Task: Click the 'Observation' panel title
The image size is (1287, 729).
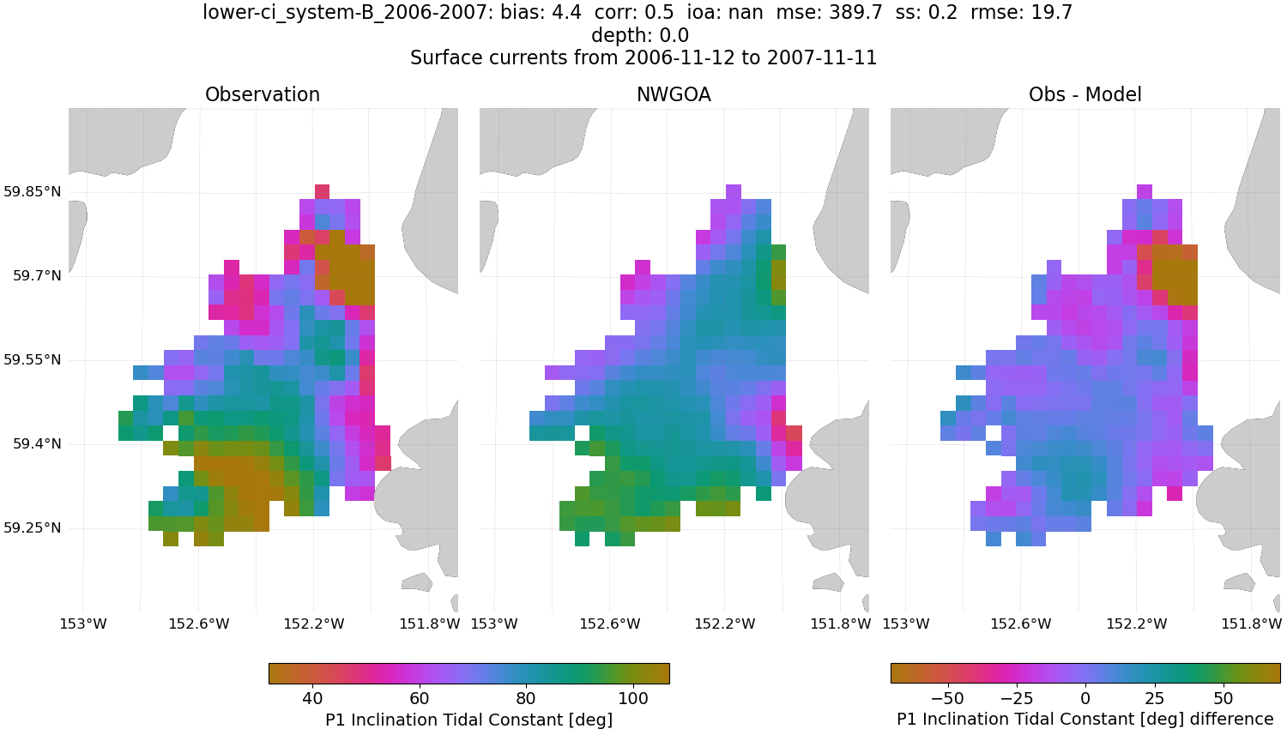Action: click(x=263, y=94)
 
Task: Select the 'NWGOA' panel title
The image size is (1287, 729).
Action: click(x=674, y=94)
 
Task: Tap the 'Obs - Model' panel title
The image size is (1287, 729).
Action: click(x=1085, y=94)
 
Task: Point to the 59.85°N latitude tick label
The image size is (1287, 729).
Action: click(x=33, y=191)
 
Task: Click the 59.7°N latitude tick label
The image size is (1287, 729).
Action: click(x=37, y=275)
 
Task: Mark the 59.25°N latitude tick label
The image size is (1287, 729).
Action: click(x=33, y=527)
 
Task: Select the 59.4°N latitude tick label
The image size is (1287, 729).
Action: click(x=37, y=443)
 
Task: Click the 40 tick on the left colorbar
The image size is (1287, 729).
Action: click(x=312, y=698)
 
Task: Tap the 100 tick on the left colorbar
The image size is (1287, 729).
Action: click(x=633, y=698)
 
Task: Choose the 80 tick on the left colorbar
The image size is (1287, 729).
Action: click(x=526, y=698)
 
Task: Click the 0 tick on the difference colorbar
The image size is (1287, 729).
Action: click(x=1085, y=698)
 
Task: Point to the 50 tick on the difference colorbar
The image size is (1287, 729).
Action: click(x=1224, y=698)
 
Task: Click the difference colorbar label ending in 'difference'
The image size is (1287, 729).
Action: click(x=1085, y=719)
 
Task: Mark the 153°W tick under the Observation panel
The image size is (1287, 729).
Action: click(x=83, y=624)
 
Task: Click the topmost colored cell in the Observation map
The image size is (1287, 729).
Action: click(x=323, y=191)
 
